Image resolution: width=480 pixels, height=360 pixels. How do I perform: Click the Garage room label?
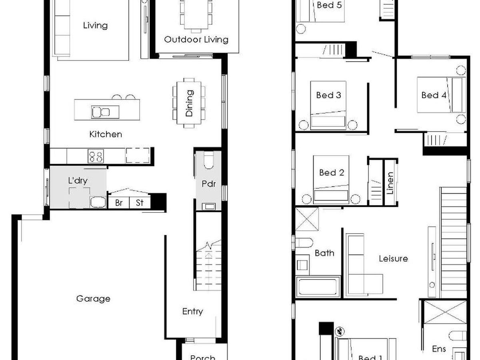click(x=93, y=299)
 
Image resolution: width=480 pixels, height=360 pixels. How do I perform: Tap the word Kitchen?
click(x=106, y=134)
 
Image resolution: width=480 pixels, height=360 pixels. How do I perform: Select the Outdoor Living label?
click(x=196, y=40)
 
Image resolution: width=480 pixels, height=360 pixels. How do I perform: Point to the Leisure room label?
click(x=393, y=258)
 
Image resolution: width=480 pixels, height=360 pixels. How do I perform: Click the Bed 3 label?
click(x=328, y=95)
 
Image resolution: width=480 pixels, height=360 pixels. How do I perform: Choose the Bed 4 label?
click(x=434, y=95)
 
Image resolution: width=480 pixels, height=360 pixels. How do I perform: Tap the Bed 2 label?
click(x=332, y=173)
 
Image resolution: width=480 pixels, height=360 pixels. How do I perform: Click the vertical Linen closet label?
click(x=390, y=183)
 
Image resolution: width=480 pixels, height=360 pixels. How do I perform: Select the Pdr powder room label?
click(x=209, y=184)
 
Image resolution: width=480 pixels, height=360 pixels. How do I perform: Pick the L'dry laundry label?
click(x=78, y=180)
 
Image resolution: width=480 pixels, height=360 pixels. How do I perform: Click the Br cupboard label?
click(x=119, y=203)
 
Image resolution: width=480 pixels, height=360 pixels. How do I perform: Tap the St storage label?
click(x=140, y=203)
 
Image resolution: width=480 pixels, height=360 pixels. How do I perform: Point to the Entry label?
click(x=192, y=312)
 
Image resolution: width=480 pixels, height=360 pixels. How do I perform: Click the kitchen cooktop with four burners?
click(x=96, y=156)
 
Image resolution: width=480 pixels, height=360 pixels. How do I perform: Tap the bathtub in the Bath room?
click(x=318, y=287)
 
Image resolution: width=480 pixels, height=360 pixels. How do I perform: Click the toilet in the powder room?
click(x=209, y=161)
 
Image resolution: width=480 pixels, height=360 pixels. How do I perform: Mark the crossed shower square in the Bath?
click(x=307, y=219)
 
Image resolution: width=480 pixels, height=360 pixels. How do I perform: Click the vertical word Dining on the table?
click(x=189, y=103)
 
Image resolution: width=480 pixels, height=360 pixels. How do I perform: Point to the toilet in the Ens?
click(x=457, y=335)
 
